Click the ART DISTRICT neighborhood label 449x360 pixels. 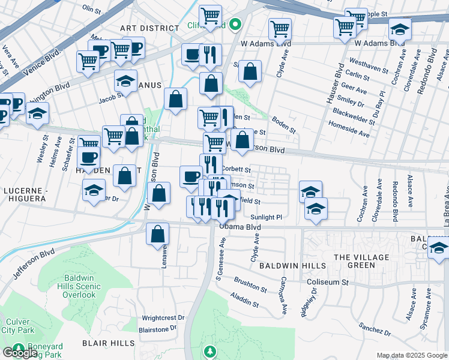tap(149, 28)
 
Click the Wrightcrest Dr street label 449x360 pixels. tap(163, 318)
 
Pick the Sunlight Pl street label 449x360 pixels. tap(266, 217)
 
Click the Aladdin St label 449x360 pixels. tap(247, 304)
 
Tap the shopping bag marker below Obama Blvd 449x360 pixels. tap(157, 235)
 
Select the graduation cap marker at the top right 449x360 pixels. tap(400, 29)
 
